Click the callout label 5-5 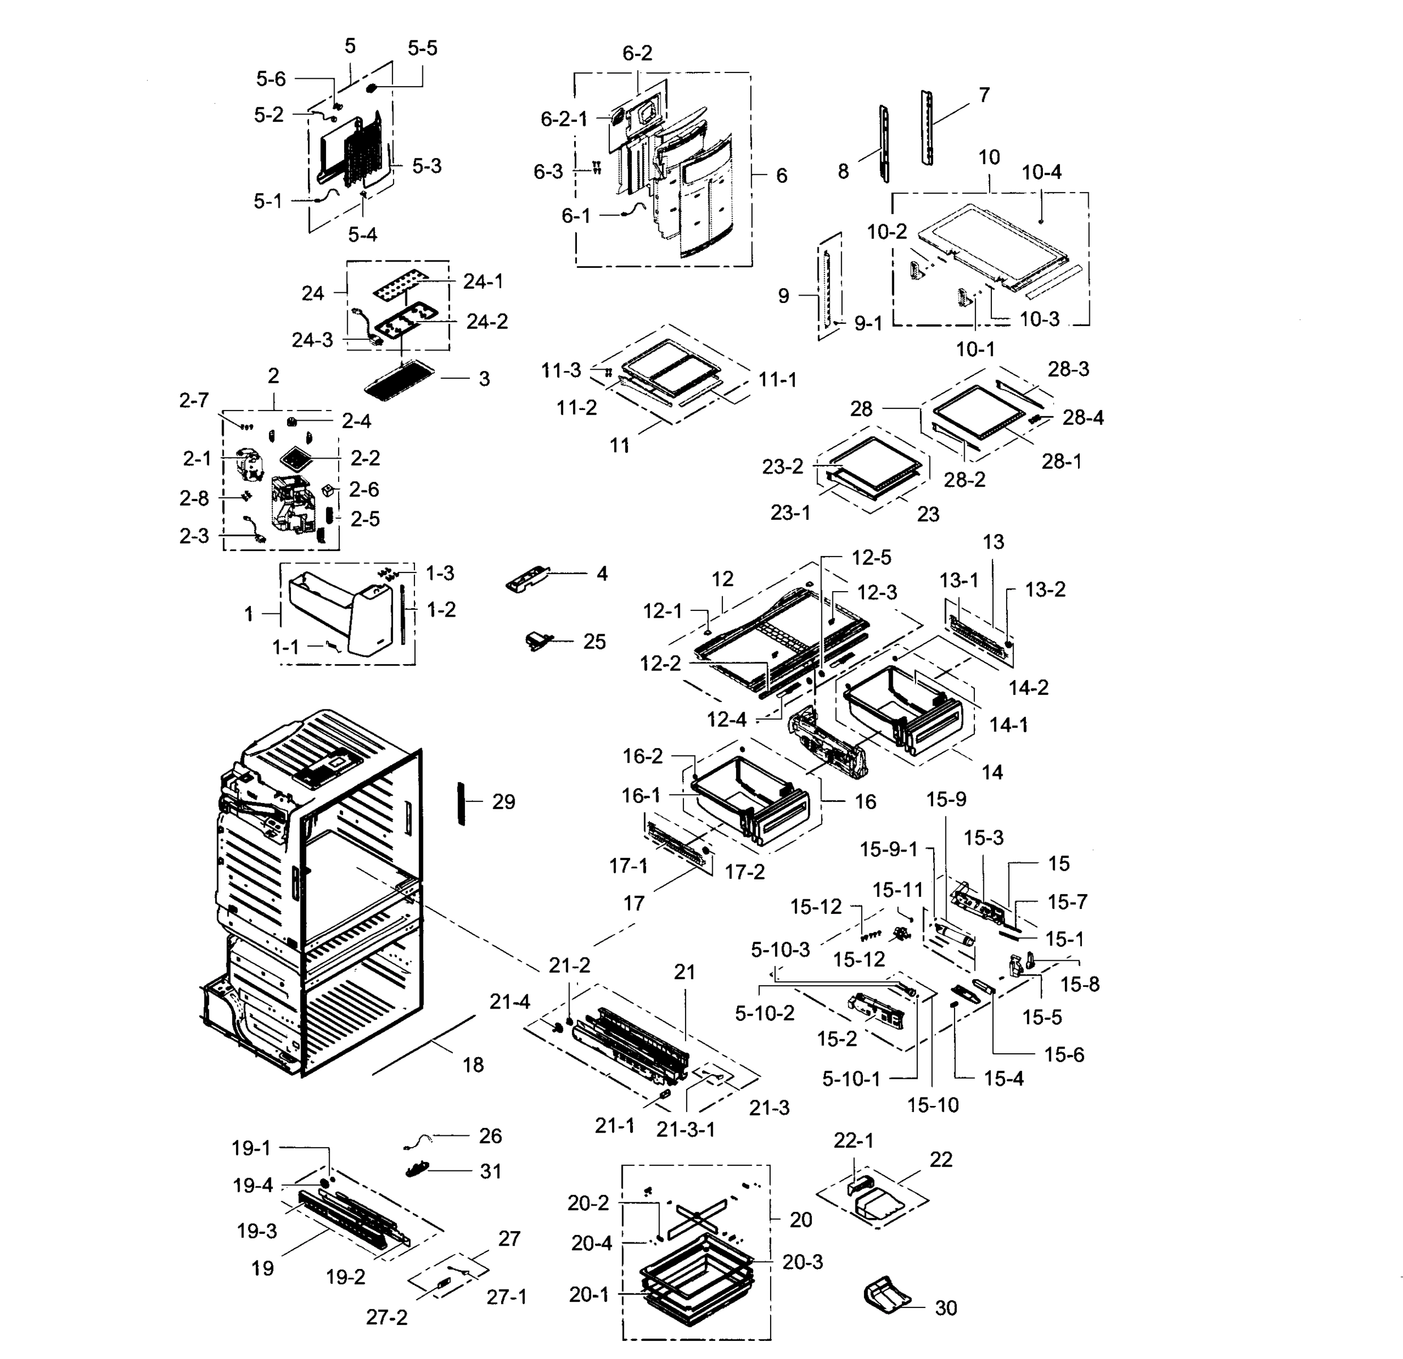[x=422, y=48]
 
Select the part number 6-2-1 [x=564, y=119]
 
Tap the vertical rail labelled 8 [x=884, y=143]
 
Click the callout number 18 [x=472, y=1065]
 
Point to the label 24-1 [x=483, y=281]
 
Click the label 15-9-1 [x=888, y=849]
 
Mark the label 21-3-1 [x=686, y=1129]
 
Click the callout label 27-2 [x=387, y=1317]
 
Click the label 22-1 [x=853, y=1140]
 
